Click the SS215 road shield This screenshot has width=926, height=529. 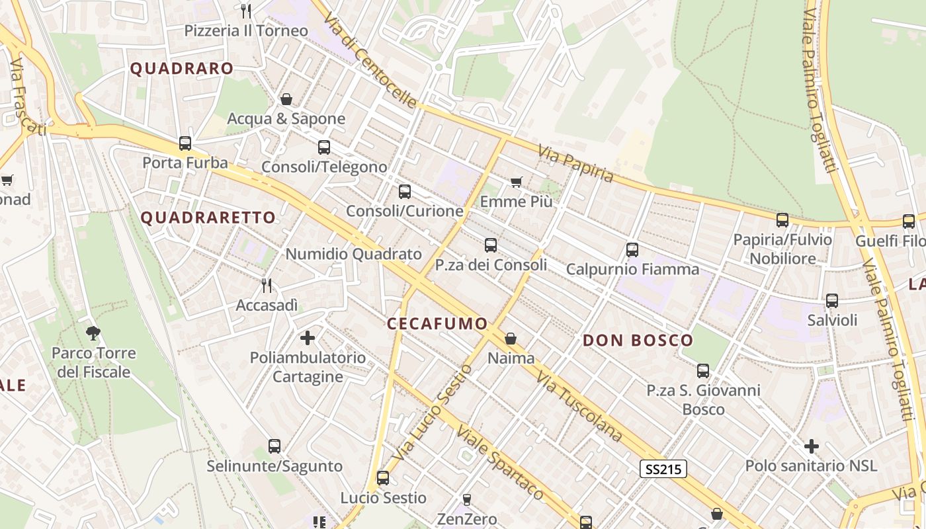[664, 469]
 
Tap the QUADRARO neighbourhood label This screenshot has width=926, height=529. [182, 68]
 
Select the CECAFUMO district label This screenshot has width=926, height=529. [437, 323]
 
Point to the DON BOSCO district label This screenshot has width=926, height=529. [638, 341]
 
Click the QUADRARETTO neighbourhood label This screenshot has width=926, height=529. [208, 218]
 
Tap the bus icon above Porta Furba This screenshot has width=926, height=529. [185, 143]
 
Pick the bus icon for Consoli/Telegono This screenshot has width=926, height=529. [324, 147]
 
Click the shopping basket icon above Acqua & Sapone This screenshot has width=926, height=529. [286, 99]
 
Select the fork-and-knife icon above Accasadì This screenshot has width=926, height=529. [267, 286]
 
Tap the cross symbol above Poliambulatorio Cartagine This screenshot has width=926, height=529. [308, 338]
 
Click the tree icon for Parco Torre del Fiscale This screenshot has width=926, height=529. [93, 333]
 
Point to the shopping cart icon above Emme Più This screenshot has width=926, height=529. [517, 182]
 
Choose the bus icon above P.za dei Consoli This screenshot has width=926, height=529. [491, 245]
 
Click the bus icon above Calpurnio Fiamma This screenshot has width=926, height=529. [632, 250]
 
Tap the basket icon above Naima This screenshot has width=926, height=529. [511, 339]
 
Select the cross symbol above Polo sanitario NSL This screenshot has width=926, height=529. [812, 446]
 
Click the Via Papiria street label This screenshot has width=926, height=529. [575, 164]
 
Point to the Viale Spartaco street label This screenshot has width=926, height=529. [499, 462]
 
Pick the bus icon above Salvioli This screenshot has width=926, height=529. [832, 301]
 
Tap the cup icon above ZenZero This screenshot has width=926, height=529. [467, 499]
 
